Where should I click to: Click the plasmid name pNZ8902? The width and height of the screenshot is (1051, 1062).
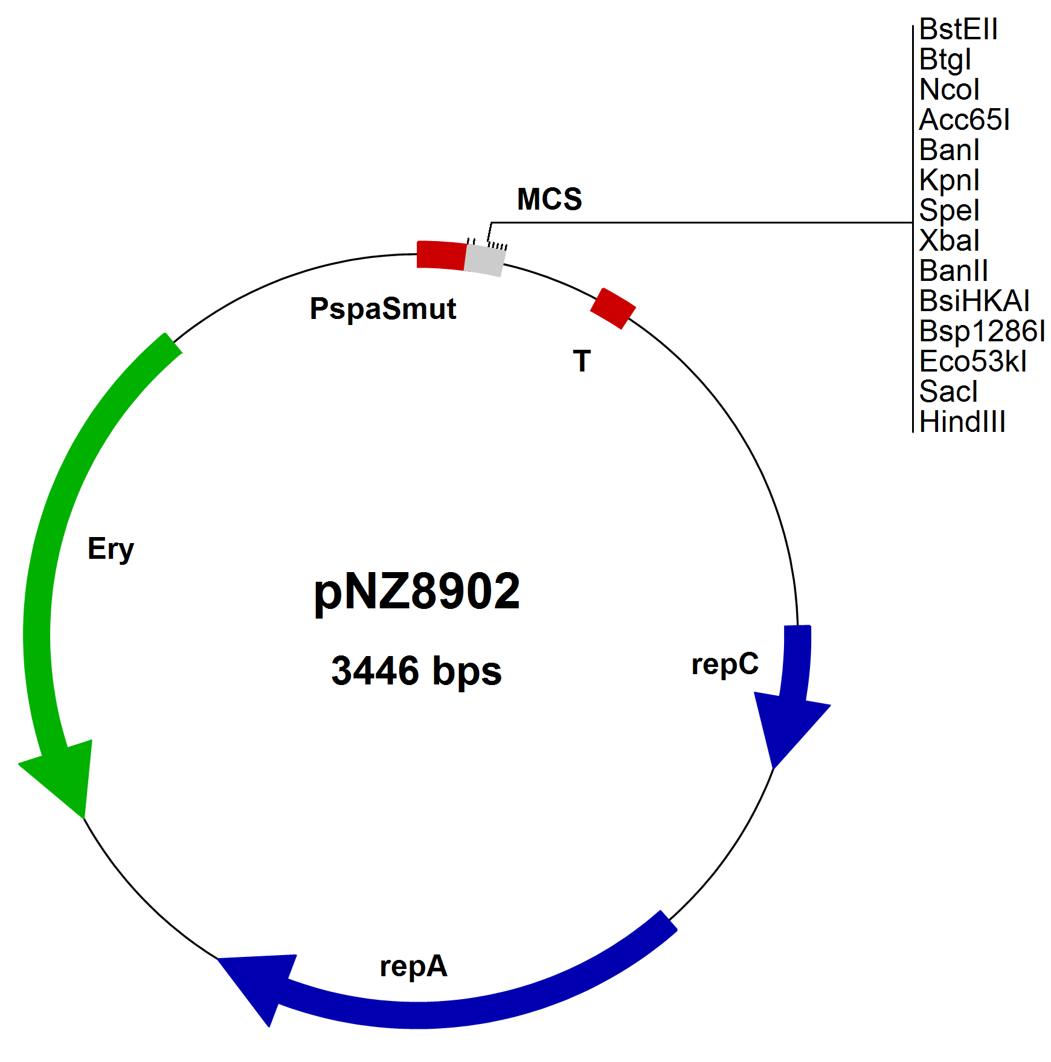coord(417,591)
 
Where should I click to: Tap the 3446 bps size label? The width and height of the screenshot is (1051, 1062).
coord(416,671)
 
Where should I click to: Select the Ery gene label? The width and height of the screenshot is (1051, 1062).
coord(111,549)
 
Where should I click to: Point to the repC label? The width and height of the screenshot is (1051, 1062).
coord(725,664)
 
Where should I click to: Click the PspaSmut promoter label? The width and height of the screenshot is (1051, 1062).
coord(383,309)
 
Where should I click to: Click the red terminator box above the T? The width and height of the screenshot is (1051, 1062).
coord(612,309)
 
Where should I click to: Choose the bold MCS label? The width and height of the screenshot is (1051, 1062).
coord(549,199)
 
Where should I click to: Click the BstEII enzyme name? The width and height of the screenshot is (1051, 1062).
coord(958,29)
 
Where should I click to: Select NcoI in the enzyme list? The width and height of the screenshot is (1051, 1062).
coord(949,89)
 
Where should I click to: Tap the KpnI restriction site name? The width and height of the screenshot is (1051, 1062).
coord(949,180)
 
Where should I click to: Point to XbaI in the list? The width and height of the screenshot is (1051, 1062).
coord(949,240)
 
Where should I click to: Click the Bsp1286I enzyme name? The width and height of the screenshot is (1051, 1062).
coord(982,331)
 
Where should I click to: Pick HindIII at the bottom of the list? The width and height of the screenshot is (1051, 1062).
coord(962,422)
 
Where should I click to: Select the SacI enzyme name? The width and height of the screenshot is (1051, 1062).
coord(948,391)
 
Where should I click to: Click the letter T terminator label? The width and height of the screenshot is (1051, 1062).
coord(582,361)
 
